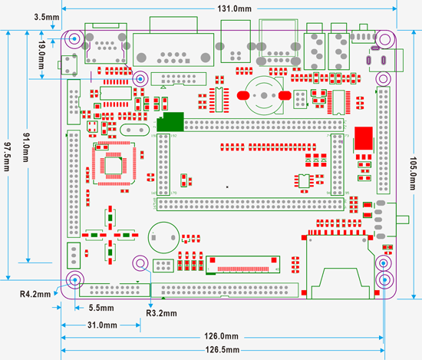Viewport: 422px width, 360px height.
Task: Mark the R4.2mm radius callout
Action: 35,293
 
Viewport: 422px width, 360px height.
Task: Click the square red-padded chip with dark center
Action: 113,163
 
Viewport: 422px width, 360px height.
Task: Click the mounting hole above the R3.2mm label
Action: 141,263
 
